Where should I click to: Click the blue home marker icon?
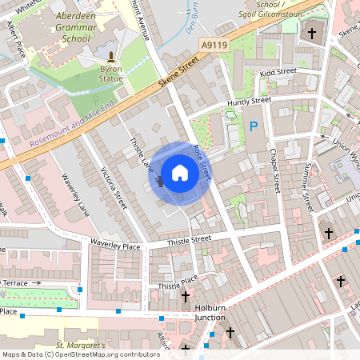pos(180,173)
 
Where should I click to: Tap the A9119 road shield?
pos(212,47)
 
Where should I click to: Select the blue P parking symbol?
pos(254,126)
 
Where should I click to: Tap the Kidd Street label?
pos(278,72)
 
